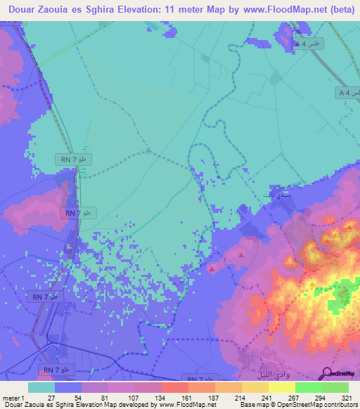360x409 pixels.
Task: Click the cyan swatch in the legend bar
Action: click(41, 388)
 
